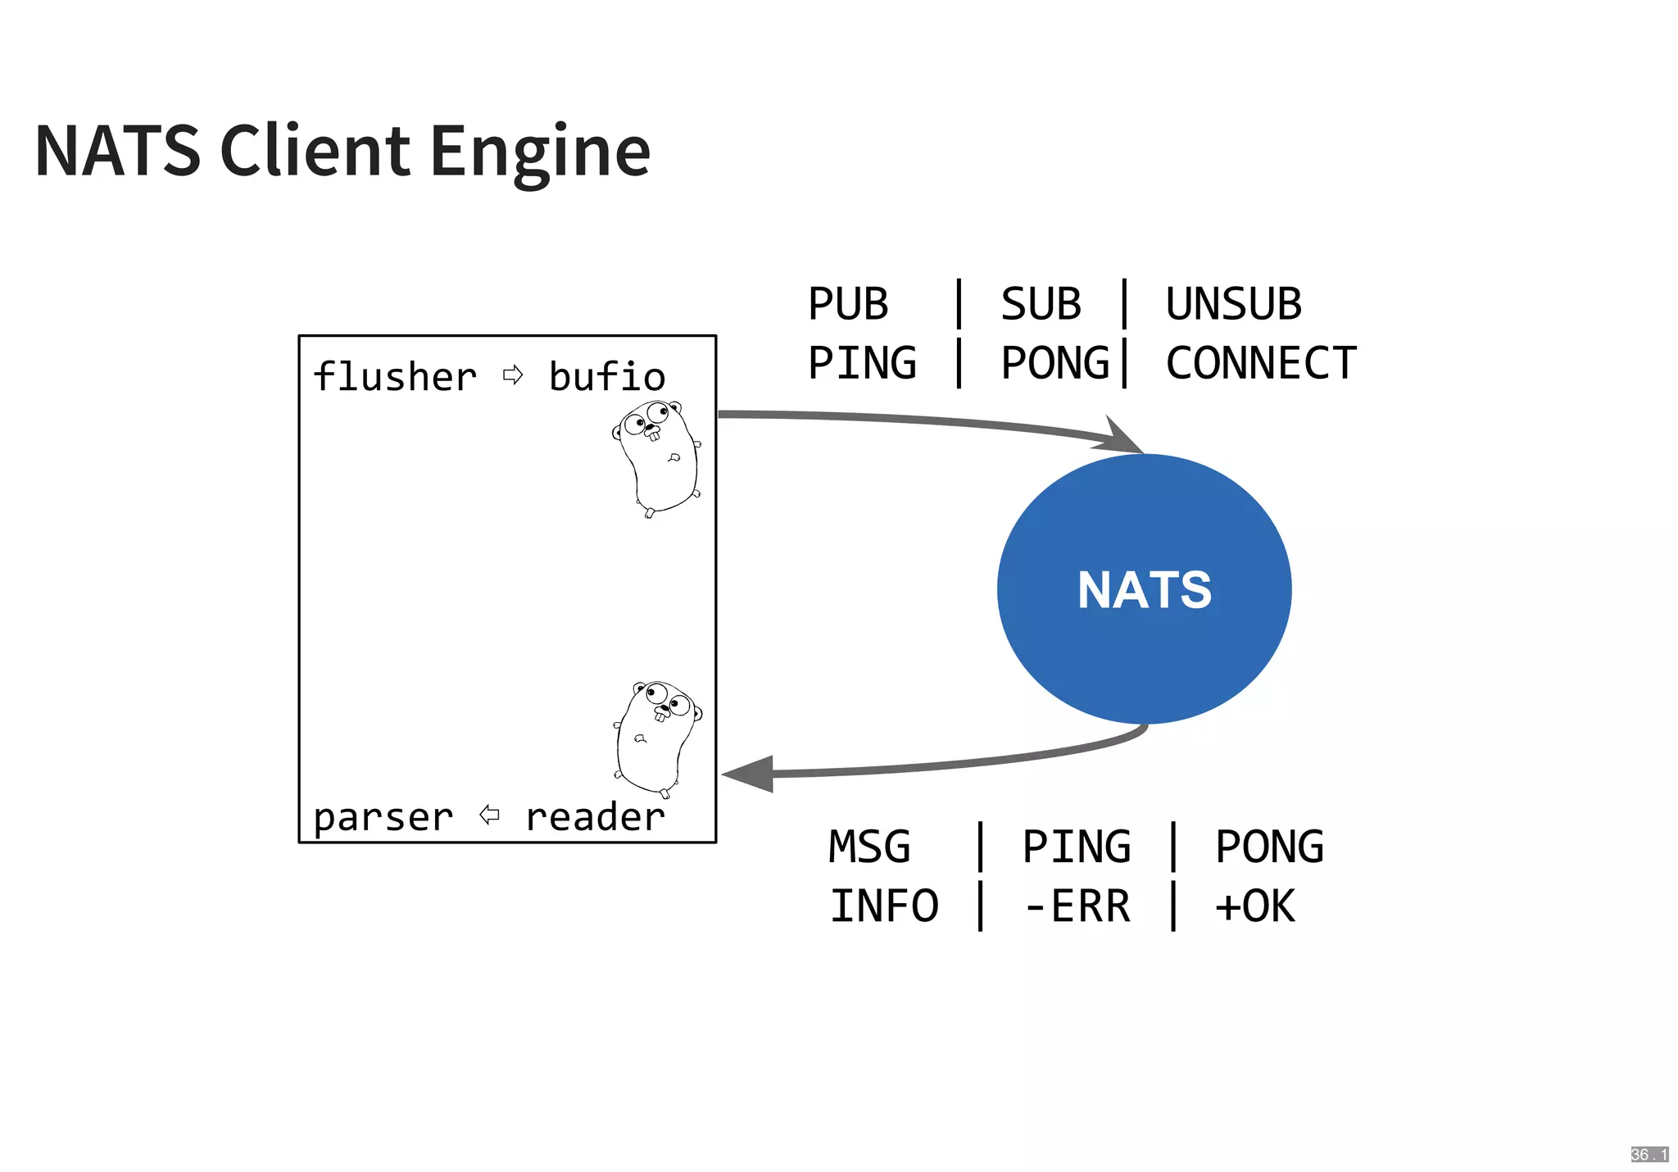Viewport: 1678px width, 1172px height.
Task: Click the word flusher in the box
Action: pos(395,377)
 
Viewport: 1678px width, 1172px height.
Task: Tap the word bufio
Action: pos(606,377)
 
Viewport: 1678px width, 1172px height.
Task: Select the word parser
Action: pos(383,817)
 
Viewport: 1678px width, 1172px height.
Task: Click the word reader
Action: pos(595,817)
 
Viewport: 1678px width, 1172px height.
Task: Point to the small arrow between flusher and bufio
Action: pos(513,375)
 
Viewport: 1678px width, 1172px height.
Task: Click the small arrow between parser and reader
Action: pos(489,815)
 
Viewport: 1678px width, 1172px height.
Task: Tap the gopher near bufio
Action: pos(657,457)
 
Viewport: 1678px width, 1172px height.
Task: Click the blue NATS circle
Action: pos(1144,588)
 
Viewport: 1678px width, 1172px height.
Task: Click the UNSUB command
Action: pos(1233,304)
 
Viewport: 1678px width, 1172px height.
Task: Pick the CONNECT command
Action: pos(1260,363)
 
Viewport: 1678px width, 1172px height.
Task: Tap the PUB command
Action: pos(847,304)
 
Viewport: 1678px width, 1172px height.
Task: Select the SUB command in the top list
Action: pos(1041,304)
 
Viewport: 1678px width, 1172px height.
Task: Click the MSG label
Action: pos(869,847)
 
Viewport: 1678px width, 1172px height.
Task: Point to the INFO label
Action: pos(884,906)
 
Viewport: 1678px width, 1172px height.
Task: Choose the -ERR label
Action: pos(1077,906)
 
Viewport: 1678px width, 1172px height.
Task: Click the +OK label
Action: pos(1254,906)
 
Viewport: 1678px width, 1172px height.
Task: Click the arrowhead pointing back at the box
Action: pos(750,774)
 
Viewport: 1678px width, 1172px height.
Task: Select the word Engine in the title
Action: pos(540,152)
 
